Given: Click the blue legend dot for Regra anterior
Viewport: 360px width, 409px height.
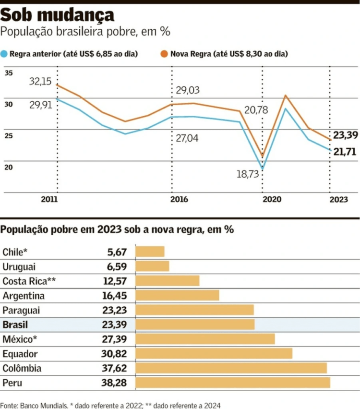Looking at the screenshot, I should tap(5, 54).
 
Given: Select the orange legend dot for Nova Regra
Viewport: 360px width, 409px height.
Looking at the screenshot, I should tap(164, 54).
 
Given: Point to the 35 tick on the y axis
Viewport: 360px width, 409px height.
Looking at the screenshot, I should tap(9, 73).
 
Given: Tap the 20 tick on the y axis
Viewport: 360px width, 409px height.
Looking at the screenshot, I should tap(9, 167).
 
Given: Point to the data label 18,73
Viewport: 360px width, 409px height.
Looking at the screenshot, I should tap(248, 174).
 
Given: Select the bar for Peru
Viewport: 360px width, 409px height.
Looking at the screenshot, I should tap(233, 383).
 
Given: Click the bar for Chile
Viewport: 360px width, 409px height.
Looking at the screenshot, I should tap(150, 252).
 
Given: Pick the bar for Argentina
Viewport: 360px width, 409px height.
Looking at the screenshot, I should tap(178, 295).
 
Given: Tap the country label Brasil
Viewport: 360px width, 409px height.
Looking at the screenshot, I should tap(15, 325).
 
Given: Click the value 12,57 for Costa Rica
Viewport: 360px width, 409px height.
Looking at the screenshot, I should tap(115, 281).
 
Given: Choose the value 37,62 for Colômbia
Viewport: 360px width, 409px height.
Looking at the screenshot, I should tap(115, 368).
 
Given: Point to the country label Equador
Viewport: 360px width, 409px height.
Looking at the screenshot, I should tap(20, 354).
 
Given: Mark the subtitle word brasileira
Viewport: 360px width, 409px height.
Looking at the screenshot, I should tap(84, 32).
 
